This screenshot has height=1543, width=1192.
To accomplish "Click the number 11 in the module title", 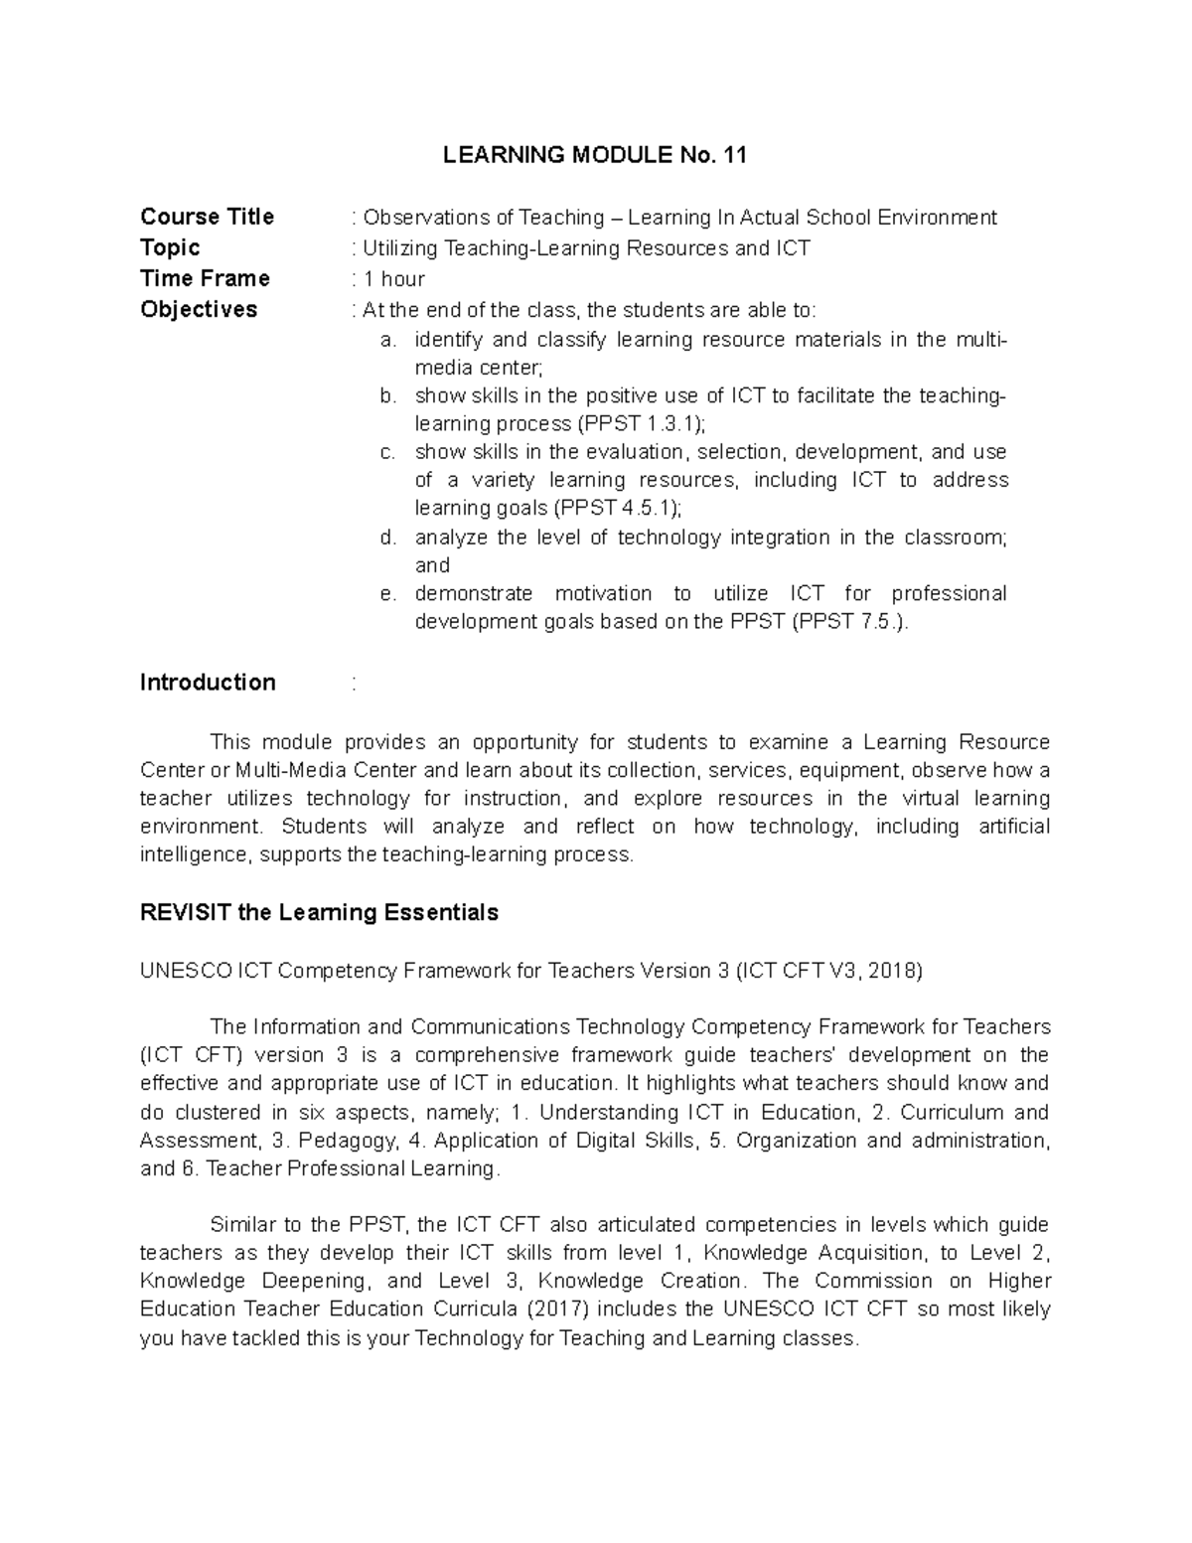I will pos(734,155).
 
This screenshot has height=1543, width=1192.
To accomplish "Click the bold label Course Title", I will pos(207,217).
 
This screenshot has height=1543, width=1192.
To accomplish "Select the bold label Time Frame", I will pos(205,278).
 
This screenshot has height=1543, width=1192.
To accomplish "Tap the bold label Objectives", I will pos(199,309).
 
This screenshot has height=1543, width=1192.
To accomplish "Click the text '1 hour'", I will pos(393,279).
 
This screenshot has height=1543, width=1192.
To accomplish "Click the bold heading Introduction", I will pos(208,683).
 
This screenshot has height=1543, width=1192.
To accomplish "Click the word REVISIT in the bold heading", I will pos(186,912).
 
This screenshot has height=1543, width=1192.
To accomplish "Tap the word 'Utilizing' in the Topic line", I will pos(400,248).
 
